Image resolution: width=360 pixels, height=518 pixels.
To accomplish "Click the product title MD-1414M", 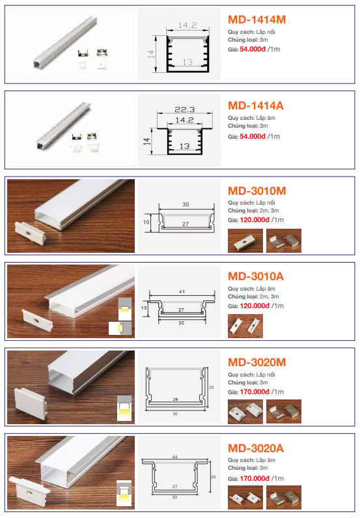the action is tap(256, 20).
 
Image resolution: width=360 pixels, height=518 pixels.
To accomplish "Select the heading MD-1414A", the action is tap(256, 106).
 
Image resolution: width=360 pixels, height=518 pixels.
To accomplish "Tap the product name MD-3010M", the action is tap(256, 191).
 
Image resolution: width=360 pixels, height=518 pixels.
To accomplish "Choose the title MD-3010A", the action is tap(256, 276).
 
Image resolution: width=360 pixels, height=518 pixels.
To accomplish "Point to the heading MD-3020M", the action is tap(256, 362).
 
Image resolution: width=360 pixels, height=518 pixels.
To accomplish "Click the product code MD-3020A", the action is tap(256, 448).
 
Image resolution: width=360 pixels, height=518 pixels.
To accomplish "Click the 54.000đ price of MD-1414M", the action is tap(253, 50).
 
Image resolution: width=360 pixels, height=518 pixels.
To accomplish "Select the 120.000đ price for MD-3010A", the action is tap(255, 306).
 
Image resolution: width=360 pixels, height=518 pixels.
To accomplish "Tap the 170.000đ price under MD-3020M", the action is tap(255, 392).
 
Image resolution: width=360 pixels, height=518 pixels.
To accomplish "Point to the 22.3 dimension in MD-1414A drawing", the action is tap(185, 109).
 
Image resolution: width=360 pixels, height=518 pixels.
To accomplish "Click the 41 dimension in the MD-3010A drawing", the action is tap(182, 292).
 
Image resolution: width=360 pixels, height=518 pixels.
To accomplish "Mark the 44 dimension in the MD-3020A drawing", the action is tap(175, 457).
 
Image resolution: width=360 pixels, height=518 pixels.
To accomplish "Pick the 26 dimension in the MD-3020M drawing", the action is tap(175, 399).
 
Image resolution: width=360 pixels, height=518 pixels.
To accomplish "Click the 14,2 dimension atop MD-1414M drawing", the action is tap(187, 25).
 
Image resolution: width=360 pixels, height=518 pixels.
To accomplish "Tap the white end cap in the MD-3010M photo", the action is tap(31, 233).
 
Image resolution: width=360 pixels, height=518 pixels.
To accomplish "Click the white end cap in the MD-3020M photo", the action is tap(31, 404).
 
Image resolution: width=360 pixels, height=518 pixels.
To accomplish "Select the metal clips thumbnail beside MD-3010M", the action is tap(284, 241).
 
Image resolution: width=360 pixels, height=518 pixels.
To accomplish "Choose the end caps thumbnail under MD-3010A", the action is tap(245, 326).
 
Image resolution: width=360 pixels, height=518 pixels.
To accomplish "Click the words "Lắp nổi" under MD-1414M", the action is tap(266, 32).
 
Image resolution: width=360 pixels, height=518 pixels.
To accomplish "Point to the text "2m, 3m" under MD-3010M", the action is tap(270, 210).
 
